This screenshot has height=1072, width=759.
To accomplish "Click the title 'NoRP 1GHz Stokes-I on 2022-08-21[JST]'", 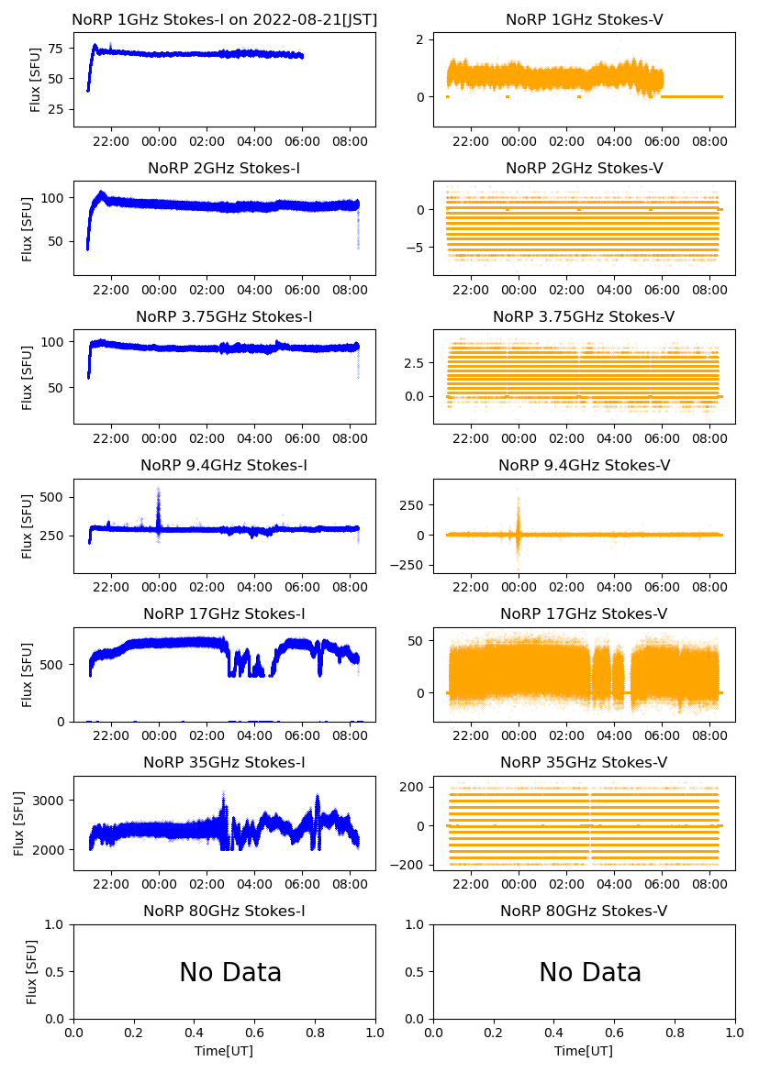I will [224, 19].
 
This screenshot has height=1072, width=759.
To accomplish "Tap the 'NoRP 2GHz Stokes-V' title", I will [584, 168].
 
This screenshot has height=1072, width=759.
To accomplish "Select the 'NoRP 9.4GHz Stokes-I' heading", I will [224, 465].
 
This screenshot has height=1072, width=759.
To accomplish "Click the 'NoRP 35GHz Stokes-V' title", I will [584, 762].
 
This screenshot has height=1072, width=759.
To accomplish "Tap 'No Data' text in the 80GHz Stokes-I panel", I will [230, 972].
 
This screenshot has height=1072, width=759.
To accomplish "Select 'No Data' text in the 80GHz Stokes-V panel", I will [590, 972].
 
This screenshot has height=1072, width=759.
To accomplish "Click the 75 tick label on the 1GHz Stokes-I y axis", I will [56, 49].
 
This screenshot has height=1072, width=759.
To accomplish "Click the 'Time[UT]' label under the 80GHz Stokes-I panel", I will [224, 1051].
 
